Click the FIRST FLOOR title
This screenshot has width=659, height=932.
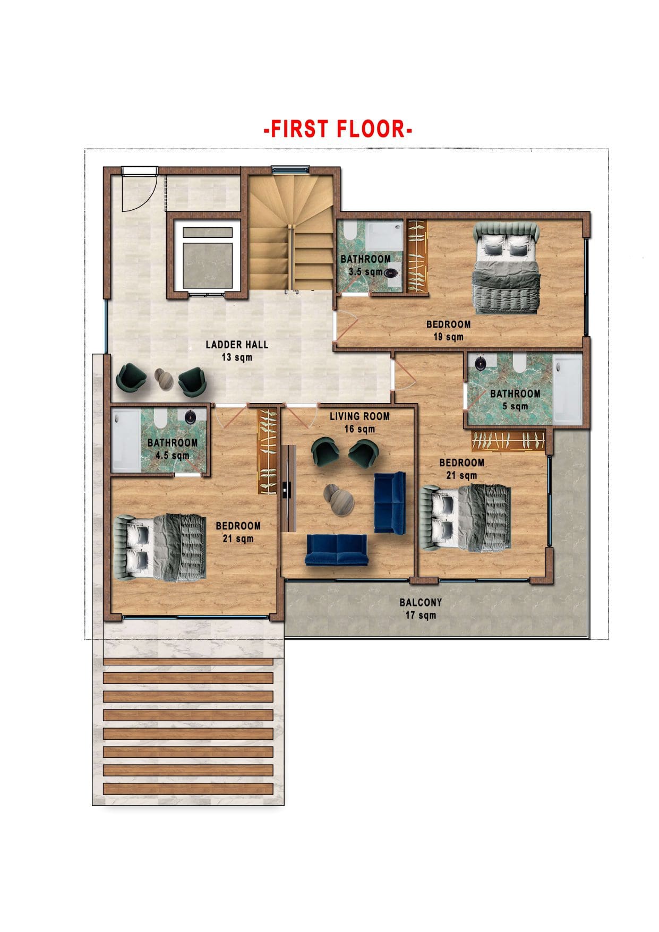(338, 129)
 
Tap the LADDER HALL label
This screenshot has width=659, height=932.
(237, 345)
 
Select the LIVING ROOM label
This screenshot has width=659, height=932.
(360, 416)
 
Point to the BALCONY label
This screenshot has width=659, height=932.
(421, 602)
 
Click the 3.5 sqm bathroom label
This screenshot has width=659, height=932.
(365, 265)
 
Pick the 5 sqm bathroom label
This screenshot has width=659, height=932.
(515, 400)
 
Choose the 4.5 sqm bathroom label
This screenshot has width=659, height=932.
(173, 449)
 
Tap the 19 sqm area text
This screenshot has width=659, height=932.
(448, 337)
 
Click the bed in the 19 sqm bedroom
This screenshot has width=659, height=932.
(507, 268)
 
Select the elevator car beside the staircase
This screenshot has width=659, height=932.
(207, 256)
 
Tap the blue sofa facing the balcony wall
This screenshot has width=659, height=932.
(336, 550)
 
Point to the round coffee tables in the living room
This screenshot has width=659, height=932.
(339, 499)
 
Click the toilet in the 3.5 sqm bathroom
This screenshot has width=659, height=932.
(349, 232)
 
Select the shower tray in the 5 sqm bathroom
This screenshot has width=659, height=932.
(567, 389)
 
